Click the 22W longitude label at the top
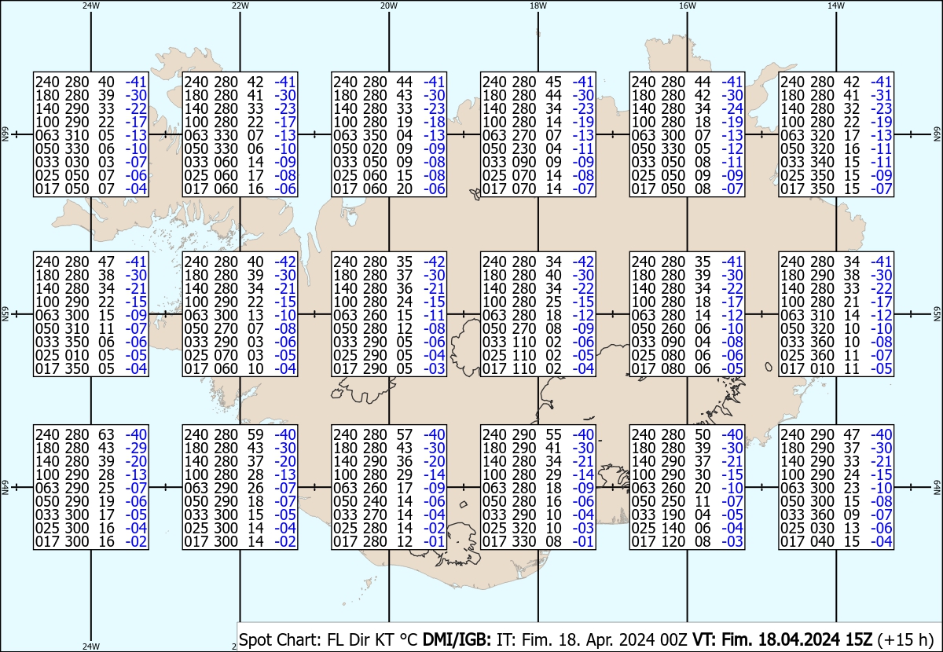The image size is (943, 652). pyautogui.click(x=240, y=5)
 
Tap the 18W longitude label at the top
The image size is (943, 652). pyautogui.click(x=538, y=5)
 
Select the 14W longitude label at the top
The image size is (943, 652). pyautogui.click(x=836, y=5)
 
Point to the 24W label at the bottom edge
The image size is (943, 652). pyautogui.click(x=91, y=646)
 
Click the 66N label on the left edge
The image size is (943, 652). pyautogui.click(x=5, y=134)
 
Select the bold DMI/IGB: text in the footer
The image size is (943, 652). pyautogui.click(x=457, y=639)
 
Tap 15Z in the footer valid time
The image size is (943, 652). pyautogui.click(x=858, y=639)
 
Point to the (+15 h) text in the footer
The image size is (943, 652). pyautogui.click(x=906, y=639)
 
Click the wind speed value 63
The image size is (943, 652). pyautogui.click(x=107, y=434)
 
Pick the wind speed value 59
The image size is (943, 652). pyautogui.click(x=255, y=434)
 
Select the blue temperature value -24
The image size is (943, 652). pyautogui.click(x=732, y=108)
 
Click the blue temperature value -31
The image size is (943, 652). pyautogui.click(x=882, y=95)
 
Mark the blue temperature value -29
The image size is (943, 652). pyautogui.click(x=137, y=448)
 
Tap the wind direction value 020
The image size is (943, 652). pyautogui.click(x=375, y=148)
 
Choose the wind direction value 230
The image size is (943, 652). pyautogui.click(x=524, y=148)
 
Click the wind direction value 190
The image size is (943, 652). pyautogui.click(x=673, y=515)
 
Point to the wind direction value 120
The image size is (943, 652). pyautogui.click(x=673, y=541)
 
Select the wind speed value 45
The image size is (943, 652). pyautogui.click(x=553, y=82)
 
